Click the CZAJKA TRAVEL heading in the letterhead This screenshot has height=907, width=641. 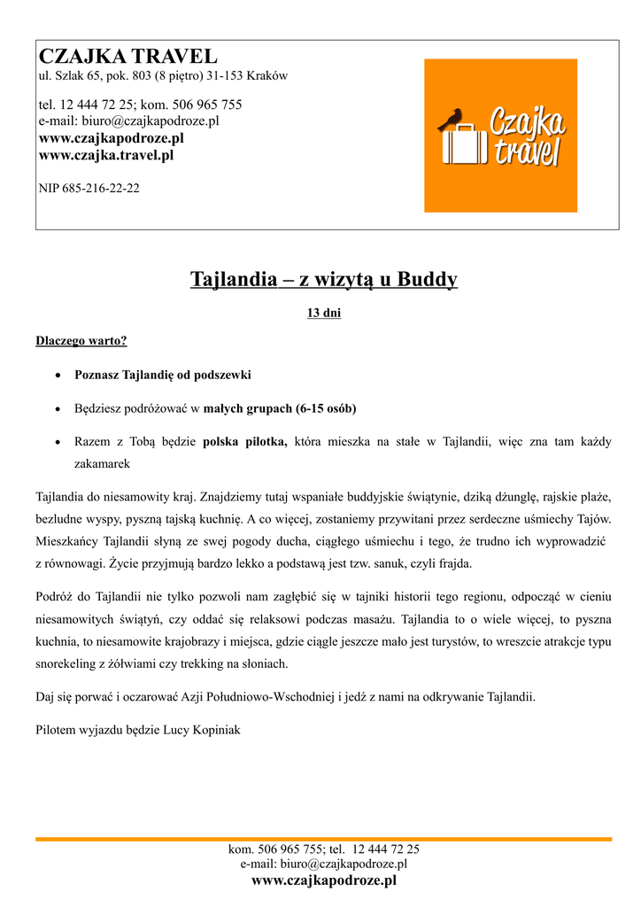point(127,56)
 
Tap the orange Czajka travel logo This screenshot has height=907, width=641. point(500,136)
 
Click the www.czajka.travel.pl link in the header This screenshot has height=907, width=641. point(106,155)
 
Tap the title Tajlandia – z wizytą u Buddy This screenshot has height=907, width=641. point(323,280)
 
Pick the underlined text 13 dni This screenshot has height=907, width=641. point(323,313)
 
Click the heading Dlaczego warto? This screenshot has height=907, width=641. point(81,341)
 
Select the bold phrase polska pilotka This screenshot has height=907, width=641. point(245,441)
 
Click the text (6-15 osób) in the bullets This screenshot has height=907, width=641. point(326,408)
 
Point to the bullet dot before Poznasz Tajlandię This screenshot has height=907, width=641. point(58,376)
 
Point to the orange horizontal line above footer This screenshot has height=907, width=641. point(323,838)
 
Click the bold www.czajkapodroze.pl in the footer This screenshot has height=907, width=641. point(323,880)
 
